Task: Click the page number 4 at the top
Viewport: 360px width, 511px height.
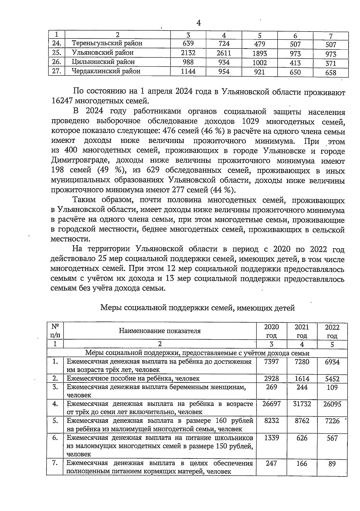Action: (x=199, y=23)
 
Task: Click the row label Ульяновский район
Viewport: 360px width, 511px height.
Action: (x=103, y=53)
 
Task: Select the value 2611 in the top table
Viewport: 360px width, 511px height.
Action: (x=224, y=53)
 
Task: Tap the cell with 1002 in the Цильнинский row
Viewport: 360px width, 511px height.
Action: (x=259, y=63)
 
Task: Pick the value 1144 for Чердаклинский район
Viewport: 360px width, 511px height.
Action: (x=188, y=71)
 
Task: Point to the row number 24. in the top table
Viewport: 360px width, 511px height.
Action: (x=57, y=43)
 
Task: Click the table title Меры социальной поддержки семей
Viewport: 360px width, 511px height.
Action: (x=197, y=308)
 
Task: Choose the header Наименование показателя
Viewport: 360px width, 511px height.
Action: (x=160, y=331)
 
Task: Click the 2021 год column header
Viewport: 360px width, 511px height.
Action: (x=301, y=331)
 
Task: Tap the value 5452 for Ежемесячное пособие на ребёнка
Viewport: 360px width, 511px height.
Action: (x=332, y=379)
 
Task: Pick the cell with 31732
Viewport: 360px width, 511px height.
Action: (x=301, y=404)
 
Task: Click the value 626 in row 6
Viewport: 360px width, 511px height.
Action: (x=301, y=438)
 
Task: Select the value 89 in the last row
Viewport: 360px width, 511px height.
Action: (x=332, y=464)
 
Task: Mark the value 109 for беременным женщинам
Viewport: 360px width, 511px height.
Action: (x=332, y=387)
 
